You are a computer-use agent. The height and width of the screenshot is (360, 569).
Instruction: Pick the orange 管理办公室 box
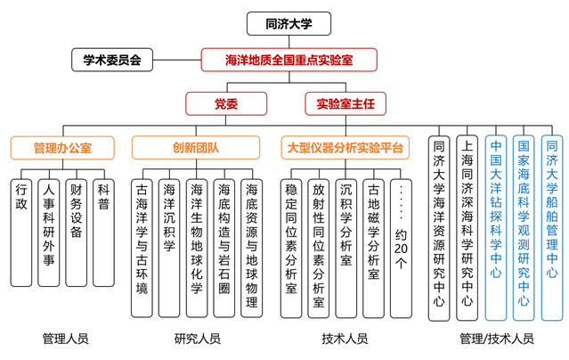click(62, 146)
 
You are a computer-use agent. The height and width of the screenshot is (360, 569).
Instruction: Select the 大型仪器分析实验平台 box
click(344, 146)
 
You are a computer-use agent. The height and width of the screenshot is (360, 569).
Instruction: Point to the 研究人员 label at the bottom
click(198, 340)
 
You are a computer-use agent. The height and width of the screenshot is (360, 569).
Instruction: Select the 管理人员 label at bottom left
click(64, 340)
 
